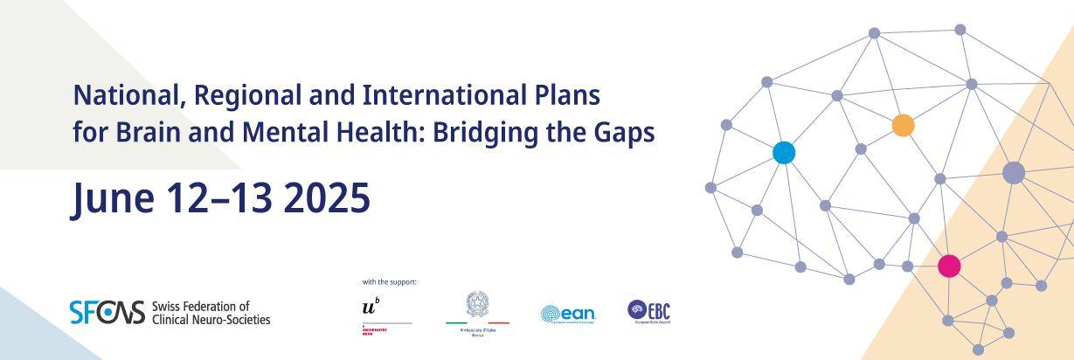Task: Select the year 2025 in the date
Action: click(327, 198)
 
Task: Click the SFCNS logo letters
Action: click(107, 312)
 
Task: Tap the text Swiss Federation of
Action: click(200, 306)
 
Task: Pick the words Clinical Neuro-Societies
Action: click(211, 320)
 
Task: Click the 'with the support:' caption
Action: click(389, 282)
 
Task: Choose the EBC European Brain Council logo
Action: click(648, 311)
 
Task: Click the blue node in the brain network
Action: click(784, 153)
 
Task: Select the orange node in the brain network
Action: click(903, 125)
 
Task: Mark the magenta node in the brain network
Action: click(948, 267)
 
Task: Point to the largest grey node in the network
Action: click(1013, 173)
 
